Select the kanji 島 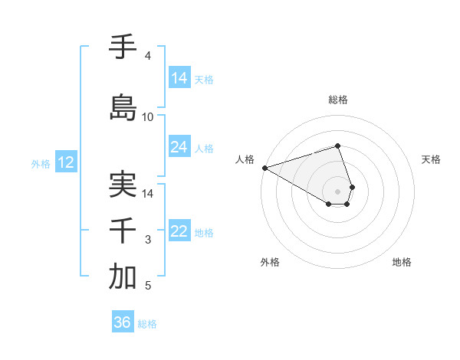pos(123,107)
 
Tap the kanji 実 pos(123,185)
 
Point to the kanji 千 pos(123,231)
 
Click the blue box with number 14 pos(179,78)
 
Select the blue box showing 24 pos(179,147)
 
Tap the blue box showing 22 pos(179,232)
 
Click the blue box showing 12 pos(65,162)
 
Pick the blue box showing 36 pos(123,322)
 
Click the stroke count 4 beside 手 pos(147,56)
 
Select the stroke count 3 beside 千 pos(147,240)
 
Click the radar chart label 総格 pos(338,100)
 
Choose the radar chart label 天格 pos(431,159)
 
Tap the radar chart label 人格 pos(245,159)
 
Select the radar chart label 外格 pos(270,263)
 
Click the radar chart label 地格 pos(402,263)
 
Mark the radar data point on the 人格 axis pos(264,168)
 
